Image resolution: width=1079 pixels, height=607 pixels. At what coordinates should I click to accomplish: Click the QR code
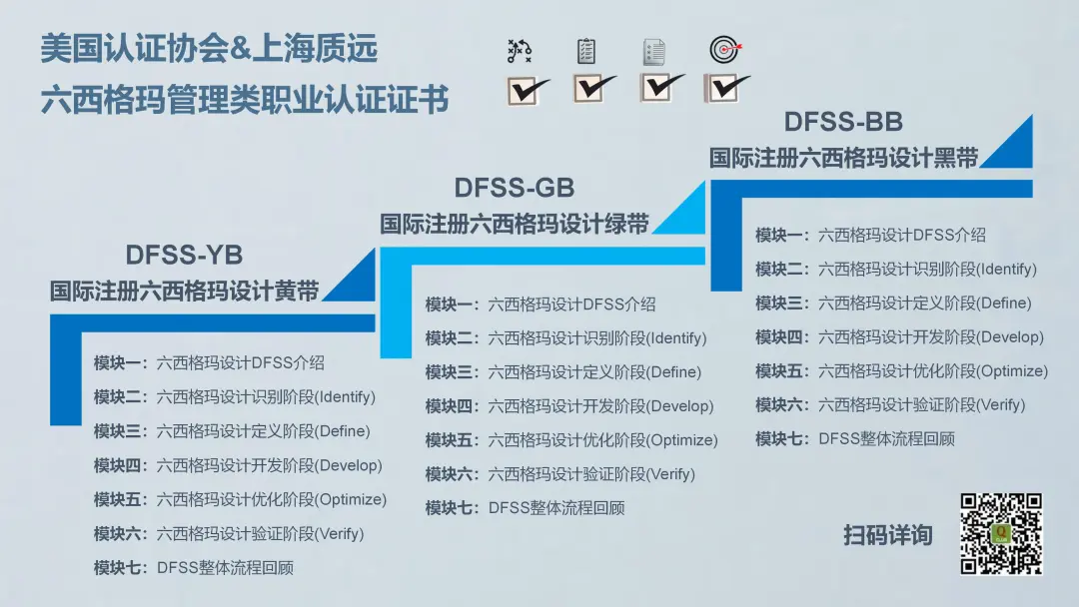pos(1001,533)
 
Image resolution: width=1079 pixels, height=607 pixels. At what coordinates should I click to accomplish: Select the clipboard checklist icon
pos(586,51)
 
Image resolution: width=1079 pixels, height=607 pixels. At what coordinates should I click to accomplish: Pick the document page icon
pos(653,52)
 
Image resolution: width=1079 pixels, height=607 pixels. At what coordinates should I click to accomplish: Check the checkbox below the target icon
pos(726,88)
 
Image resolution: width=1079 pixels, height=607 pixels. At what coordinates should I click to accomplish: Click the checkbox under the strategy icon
pos(528,91)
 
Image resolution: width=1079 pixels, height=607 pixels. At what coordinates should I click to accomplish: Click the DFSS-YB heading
pos(184,255)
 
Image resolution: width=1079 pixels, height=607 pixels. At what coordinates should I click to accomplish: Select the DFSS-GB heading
pos(515,188)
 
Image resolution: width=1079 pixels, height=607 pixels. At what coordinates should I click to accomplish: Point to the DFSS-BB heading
pos(843,122)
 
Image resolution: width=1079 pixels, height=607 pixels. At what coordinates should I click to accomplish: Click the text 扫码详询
pos(888,535)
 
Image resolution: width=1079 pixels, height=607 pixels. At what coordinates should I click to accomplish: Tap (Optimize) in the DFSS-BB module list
pos(1012,371)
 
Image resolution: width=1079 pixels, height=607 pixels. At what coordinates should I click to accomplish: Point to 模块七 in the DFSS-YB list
pos(116,568)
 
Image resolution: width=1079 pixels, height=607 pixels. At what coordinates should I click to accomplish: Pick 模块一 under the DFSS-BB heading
pos(777,235)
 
